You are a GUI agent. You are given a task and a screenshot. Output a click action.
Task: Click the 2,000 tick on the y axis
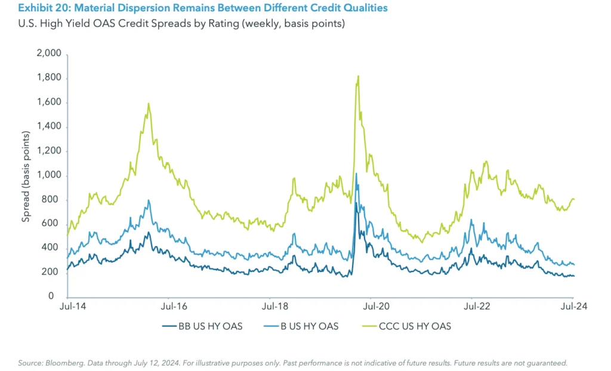pos(50,54)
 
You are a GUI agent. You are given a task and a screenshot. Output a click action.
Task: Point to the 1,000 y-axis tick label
pos(50,175)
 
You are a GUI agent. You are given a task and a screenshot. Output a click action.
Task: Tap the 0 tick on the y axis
pos(58,296)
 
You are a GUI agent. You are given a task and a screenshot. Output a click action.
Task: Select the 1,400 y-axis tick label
pos(50,127)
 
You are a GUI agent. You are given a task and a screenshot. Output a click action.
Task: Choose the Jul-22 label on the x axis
pos(473,307)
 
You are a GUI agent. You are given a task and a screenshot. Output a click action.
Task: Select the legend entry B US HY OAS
pos(305,326)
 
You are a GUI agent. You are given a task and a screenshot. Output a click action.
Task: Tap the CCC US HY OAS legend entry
pos(405,326)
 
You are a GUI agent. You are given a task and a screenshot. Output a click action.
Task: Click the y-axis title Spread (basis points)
pos(26,175)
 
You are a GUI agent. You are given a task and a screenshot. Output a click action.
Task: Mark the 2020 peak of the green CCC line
pos(358,76)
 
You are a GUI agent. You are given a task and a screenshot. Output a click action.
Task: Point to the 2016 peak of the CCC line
pos(148,103)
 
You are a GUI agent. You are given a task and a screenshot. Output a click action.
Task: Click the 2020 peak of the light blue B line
pos(356,174)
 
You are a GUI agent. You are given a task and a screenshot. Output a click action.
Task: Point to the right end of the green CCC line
pos(574,199)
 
